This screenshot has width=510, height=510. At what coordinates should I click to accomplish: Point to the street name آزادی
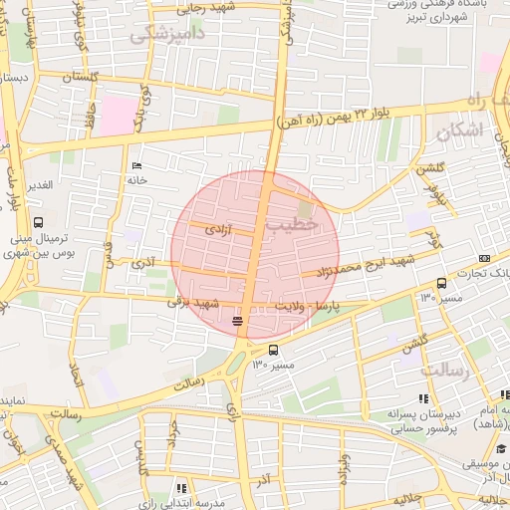(217, 229)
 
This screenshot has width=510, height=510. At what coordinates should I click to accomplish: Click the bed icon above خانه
(136, 166)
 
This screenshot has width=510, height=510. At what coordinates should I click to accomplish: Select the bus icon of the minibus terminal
(38, 222)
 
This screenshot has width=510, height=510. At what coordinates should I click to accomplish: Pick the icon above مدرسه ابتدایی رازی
(181, 488)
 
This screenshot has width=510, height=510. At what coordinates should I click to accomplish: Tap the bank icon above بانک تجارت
(484, 258)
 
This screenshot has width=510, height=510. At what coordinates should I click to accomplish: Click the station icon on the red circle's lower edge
(237, 321)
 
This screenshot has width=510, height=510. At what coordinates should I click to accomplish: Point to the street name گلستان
(80, 78)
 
